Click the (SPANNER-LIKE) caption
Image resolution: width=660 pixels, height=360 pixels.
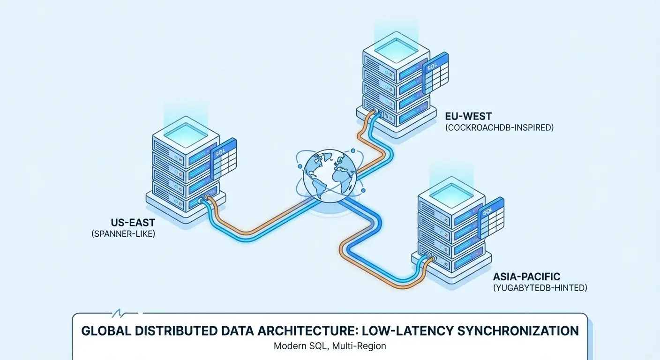tap(123, 233)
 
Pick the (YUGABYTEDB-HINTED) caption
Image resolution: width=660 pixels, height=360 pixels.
tap(540, 288)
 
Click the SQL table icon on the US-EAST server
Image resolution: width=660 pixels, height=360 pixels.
tap(224, 159)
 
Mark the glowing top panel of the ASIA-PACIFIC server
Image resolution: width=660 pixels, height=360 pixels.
tap(451, 192)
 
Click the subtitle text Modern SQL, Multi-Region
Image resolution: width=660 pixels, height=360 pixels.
tap(330, 346)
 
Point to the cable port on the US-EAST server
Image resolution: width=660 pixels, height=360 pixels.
tap(203, 200)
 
